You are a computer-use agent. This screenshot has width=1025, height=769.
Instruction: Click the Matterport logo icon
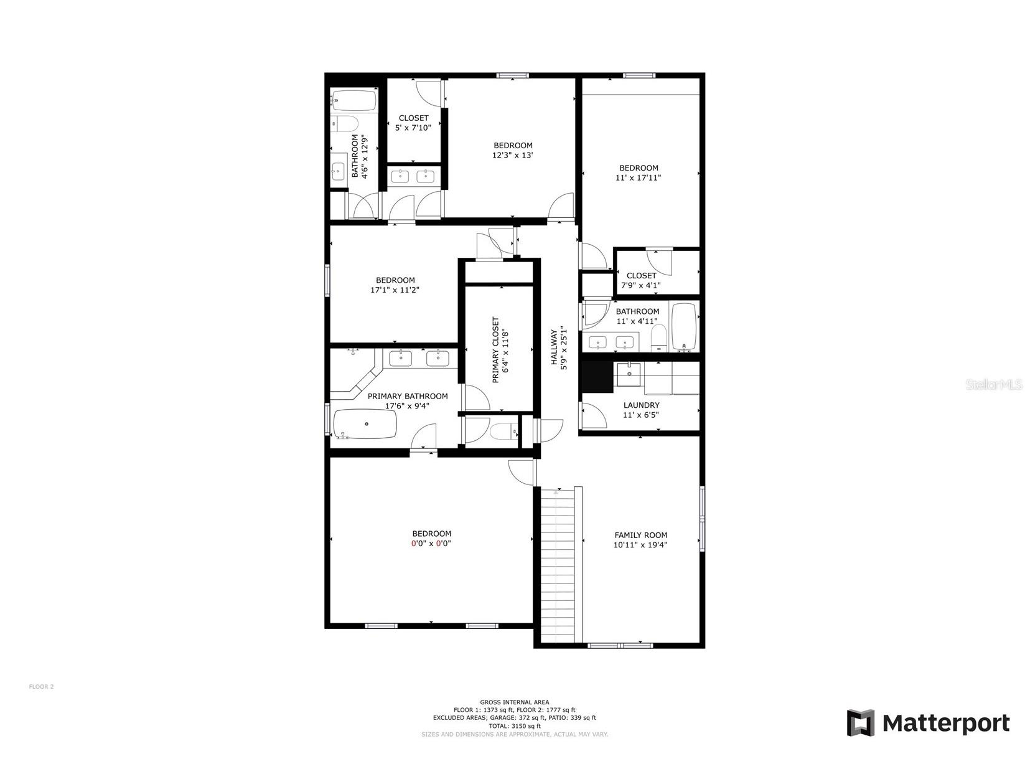(861, 722)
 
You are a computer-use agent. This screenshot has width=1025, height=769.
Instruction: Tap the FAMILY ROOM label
(640, 535)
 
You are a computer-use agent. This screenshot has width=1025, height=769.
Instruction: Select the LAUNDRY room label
(641, 405)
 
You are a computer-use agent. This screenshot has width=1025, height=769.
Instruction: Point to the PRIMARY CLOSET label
(495, 350)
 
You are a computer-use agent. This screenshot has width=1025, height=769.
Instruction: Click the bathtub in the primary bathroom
(365, 424)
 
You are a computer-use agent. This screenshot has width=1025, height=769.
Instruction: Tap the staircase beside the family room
(558, 564)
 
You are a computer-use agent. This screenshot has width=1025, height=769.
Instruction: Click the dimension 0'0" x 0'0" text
(431, 544)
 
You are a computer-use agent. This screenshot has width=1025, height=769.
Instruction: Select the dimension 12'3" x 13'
(513, 156)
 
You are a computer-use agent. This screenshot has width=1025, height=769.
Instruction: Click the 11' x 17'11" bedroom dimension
(639, 178)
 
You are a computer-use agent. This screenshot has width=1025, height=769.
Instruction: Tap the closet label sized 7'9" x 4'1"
(641, 276)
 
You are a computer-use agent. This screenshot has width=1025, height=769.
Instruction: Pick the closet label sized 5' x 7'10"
(413, 118)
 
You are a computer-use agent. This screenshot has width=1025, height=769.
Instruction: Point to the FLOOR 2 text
(41, 687)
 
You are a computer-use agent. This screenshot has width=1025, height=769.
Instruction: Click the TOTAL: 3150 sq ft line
(514, 726)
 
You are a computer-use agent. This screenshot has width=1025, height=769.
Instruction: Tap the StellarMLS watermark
(993, 385)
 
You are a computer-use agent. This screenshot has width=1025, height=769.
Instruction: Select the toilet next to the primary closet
(504, 431)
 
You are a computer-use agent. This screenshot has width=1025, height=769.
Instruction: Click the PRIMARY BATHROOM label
(407, 397)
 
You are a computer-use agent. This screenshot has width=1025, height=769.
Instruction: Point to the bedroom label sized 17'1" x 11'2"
(395, 281)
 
